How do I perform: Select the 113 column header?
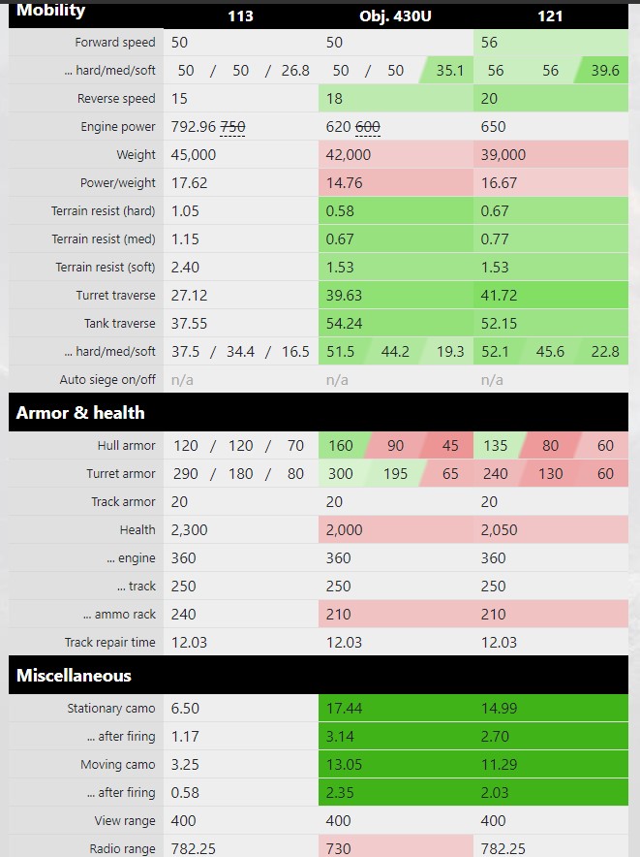[240, 16]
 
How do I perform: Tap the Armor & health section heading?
[80, 412]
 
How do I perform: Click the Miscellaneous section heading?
[74, 675]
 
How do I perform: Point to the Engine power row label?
[118, 127]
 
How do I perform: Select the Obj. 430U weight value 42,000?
[349, 155]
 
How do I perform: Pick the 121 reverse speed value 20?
[490, 99]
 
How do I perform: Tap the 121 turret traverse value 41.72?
[500, 295]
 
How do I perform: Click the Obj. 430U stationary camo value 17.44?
[345, 709]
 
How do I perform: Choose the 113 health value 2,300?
[189, 529]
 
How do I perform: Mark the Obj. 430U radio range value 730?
[339, 848]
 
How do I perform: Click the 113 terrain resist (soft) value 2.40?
[188, 267]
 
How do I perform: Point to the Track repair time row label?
[109, 642]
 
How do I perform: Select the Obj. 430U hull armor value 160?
[341, 446]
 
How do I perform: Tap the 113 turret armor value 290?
[186, 474]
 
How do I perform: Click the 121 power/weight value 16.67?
[498, 182]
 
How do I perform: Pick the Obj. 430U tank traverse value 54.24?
[345, 323]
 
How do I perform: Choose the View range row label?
[123, 820]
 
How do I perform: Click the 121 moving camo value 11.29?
[500, 765]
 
